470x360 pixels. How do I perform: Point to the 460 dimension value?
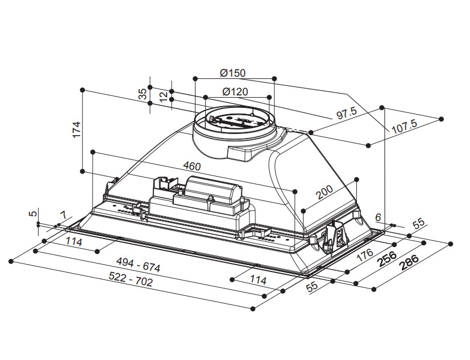[192, 166]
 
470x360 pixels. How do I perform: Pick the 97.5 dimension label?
[346, 114]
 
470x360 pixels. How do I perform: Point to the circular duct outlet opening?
[233, 120]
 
